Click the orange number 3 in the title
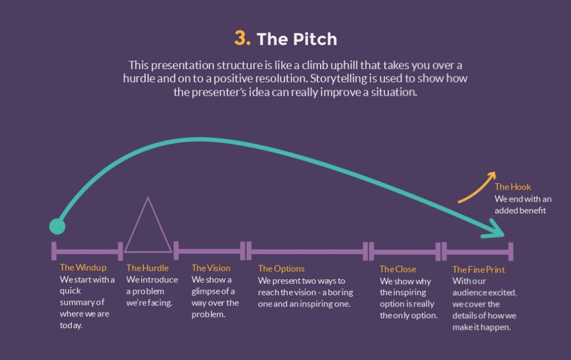[243, 38]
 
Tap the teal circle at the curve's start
[57, 226]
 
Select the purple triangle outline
[148, 228]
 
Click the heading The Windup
[83, 268]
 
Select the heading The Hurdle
[147, 268]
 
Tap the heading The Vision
[211, 268]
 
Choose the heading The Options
[281, 269]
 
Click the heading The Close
[398, 269]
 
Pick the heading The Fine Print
[478, 270]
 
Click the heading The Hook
[512, 187]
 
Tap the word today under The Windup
[71, 326]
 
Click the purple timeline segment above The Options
[307, 251]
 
